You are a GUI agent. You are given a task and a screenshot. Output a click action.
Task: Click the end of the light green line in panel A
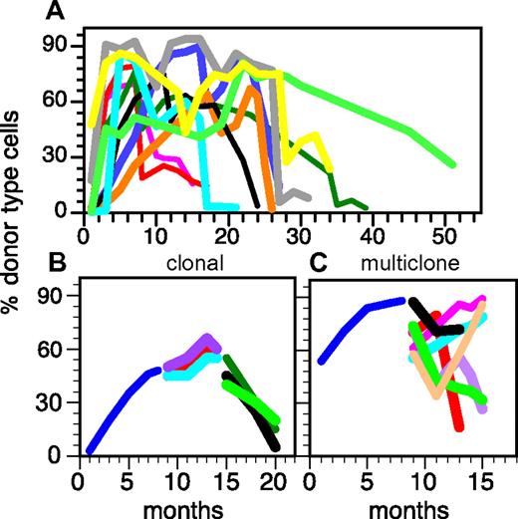click(454, 164)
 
